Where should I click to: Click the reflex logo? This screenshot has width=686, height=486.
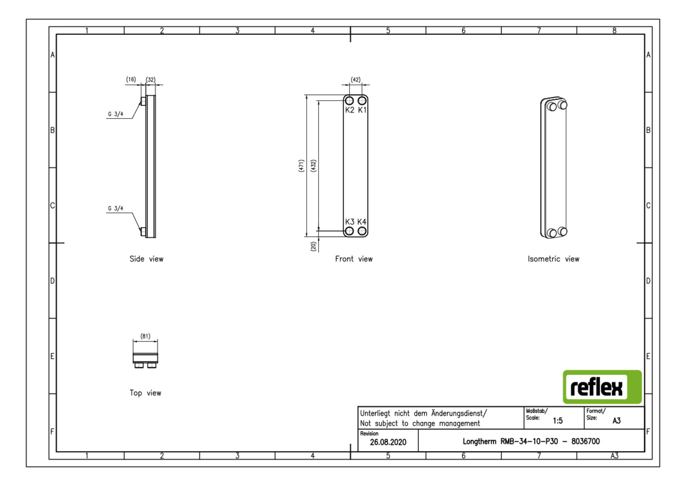coord(602,386)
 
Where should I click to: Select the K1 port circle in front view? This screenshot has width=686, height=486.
coord(362,101)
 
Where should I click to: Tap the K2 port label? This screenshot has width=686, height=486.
coord(349,110)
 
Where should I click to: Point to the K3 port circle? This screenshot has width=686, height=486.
coord(349,231)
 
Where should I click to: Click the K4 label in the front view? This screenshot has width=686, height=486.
coord(362,221)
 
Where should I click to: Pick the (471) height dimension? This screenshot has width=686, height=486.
coord(301,165)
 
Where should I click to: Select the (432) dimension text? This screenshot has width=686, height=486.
coord(313,165)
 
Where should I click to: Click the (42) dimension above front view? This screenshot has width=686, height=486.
coord(355,80)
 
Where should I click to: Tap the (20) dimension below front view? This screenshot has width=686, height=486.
coord(313,246)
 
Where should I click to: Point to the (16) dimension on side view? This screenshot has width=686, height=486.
coord(131,79)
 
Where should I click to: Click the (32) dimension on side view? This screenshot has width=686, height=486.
coord(150,80)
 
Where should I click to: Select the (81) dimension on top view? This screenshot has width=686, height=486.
coord(145,336)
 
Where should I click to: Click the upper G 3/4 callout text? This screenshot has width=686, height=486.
coord(115,114)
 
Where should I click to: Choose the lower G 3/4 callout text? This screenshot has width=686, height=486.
coord(115,209)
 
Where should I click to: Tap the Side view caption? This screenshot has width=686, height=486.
coord(147,259)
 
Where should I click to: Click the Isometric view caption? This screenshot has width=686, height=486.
coord(553,259)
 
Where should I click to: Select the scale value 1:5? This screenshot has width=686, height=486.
coord(558,421)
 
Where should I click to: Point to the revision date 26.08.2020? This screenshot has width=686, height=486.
coord(388,442)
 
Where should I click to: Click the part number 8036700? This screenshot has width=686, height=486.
coord(585,441)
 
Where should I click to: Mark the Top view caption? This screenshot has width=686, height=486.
coord(145,393)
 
